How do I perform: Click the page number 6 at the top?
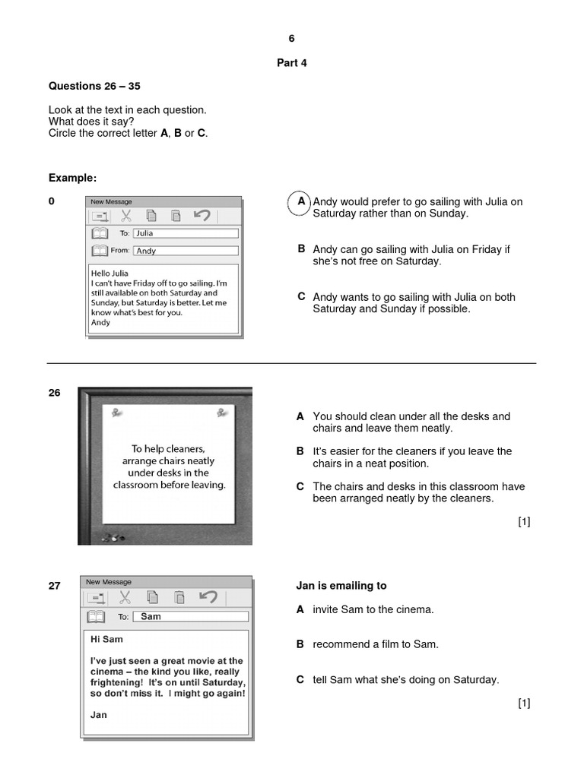click(x=291, y=39)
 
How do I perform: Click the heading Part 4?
click(x=291, y=63)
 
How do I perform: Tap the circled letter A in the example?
click(x=302, y=202)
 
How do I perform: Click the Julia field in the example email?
click(x=185, y=233)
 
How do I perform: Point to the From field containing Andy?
click(x=185, y=251)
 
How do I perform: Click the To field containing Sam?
click(x=190, y=616)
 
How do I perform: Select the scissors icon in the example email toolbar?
click(x=126, y=216)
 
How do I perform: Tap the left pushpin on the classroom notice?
click(x=116, y=413)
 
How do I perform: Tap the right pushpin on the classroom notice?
click(x=222, y=413)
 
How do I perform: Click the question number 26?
click(x=55, y=393)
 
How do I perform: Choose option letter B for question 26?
click(x=300, y=451)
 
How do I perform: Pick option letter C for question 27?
click(x=300, y=679)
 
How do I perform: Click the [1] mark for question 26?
click(x=524, y=521)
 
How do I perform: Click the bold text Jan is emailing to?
click(x=341, y=586)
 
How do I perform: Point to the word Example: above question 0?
click(x=73, y=178)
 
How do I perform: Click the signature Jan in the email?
click(x=99, y=714)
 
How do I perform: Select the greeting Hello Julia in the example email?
click(x=110, y=273)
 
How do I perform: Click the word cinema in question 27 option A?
click(x=417, y=609)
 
